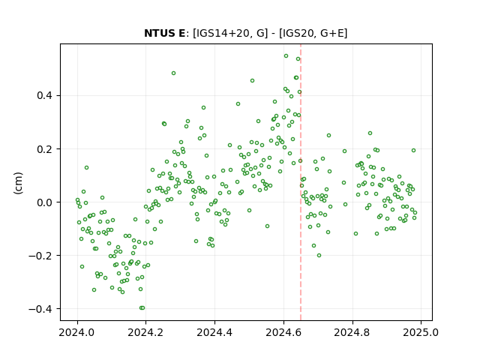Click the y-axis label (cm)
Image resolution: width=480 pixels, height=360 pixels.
tap(18, 183)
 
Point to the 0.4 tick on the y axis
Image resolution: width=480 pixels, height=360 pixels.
tap(45, 95)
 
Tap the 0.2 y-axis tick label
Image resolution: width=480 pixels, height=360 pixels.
tap(45, 149)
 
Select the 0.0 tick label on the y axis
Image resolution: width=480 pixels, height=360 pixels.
tap(45, 202)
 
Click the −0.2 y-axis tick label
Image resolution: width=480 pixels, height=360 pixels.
tap(40, 256)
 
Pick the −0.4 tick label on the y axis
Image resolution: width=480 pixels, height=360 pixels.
tap(40, 309)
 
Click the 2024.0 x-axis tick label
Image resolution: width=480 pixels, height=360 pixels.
tap(76, 332)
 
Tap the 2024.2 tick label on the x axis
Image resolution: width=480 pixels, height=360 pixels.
tap(145, 332)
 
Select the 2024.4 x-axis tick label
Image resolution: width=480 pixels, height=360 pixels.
tap(214, 332)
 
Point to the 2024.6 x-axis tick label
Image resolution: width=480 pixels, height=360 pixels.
tap(283, 332)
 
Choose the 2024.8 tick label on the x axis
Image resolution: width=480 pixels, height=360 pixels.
tap(352, 332)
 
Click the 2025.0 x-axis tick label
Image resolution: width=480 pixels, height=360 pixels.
tap(421, 332)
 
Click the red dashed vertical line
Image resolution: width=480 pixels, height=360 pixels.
tap(301, 182)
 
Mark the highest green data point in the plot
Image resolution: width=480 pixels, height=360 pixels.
tap(286, 56)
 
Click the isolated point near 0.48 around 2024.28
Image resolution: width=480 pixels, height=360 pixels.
tap(173, 73)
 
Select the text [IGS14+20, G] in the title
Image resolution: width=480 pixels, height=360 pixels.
tap(230, 33)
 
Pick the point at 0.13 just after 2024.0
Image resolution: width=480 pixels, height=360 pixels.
tap(87, 168)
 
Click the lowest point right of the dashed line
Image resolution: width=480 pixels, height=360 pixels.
tap(319, 255)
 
